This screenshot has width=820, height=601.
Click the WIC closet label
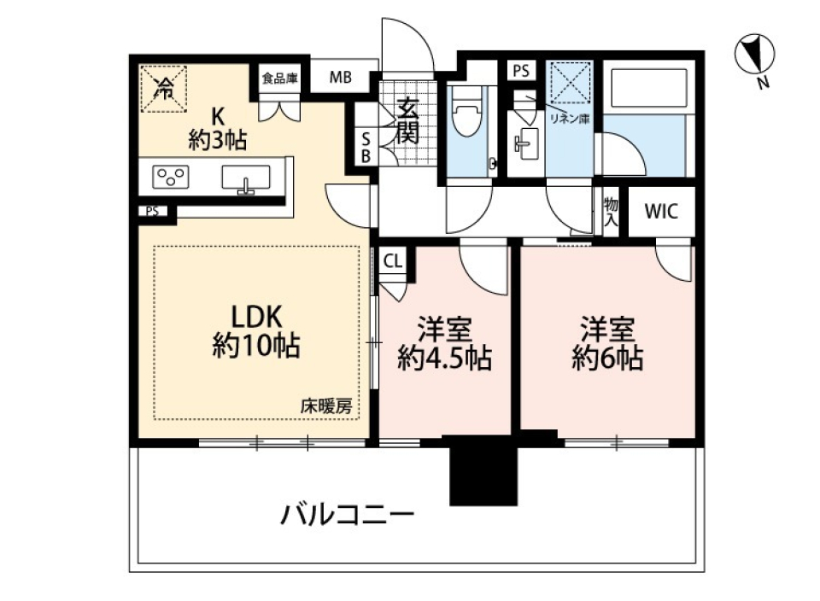coord(661,212)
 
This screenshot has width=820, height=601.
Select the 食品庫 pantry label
coord(279,79)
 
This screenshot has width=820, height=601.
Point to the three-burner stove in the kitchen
coord(171,178)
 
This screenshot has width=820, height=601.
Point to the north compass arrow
coord(753,54)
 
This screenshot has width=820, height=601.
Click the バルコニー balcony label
coord(348,516)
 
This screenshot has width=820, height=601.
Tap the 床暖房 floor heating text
coord(325,407)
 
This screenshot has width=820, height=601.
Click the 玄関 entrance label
coord(407,121)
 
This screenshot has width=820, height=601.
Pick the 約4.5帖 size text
coord(444,359)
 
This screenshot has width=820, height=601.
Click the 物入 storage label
coord(611,211)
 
